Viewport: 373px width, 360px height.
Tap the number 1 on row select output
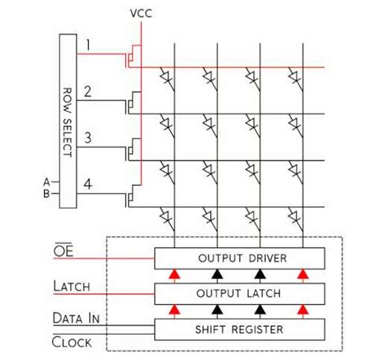point(90,44)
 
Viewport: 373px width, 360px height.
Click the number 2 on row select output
point(89,91)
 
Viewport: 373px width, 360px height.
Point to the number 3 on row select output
point(89,137)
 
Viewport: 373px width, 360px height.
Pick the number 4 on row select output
point(89,184)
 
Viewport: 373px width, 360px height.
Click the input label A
point(46,182)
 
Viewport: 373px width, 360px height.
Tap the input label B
point(46,193)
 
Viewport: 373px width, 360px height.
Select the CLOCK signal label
point(72,342)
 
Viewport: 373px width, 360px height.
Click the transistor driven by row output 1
point(133,57)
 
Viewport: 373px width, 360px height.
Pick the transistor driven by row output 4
point(133,196)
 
